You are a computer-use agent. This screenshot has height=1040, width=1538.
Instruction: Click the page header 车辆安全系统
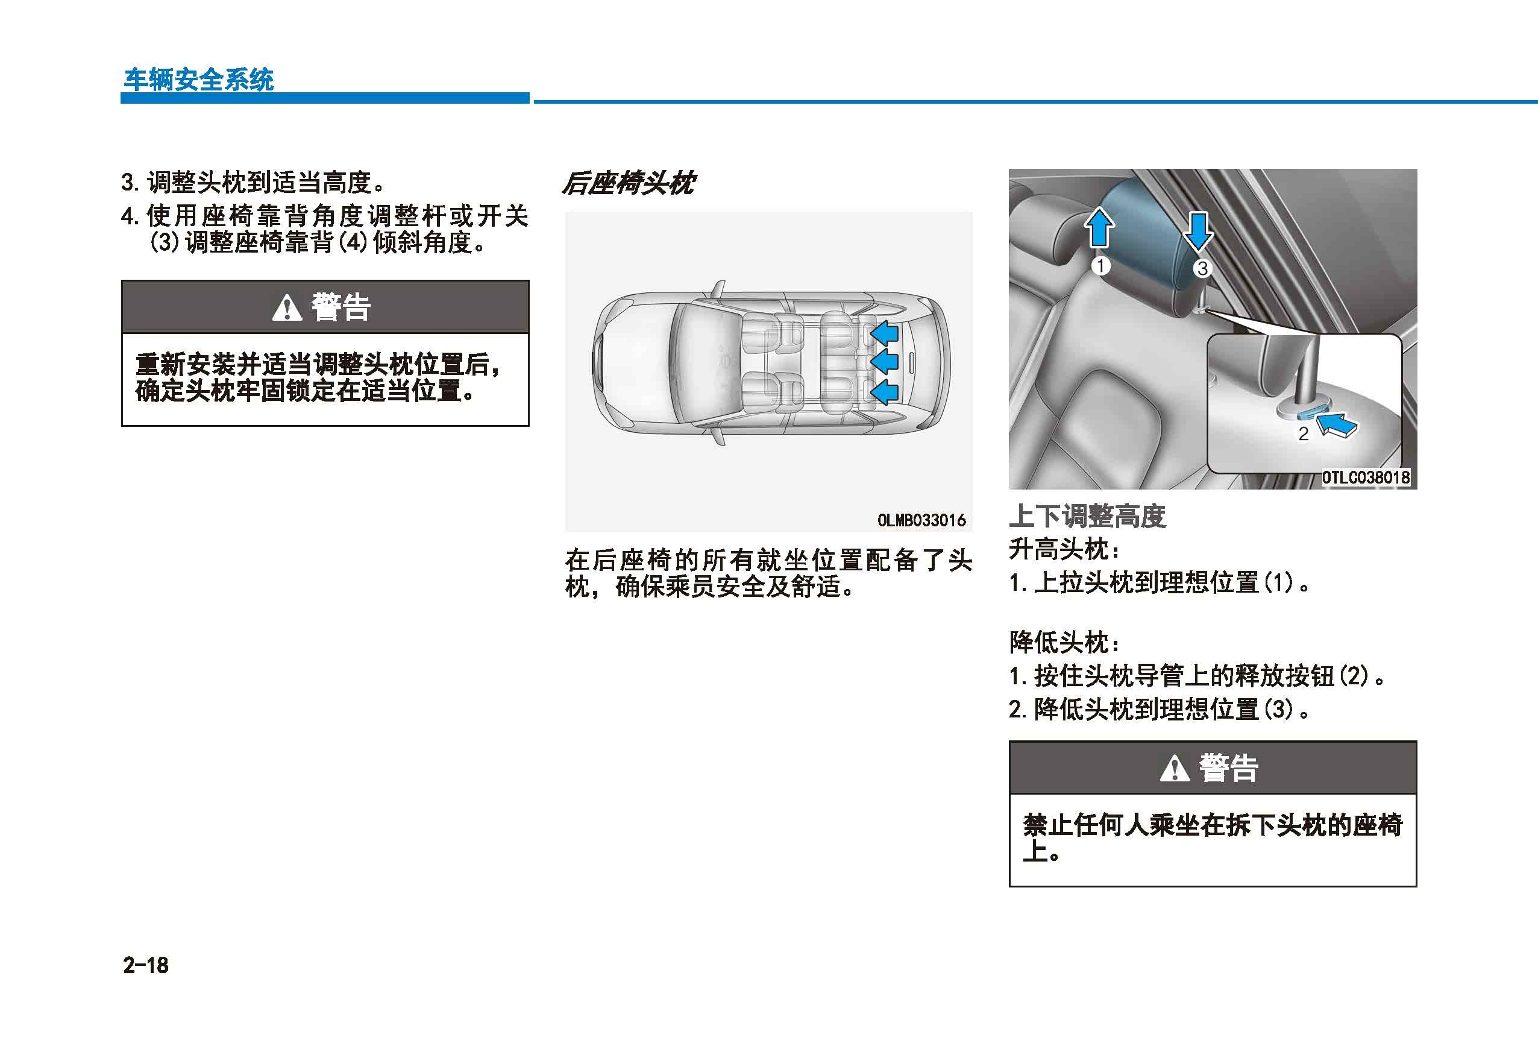[x=198, y=80]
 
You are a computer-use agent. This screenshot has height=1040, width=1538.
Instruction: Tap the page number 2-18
[x=146, y=965]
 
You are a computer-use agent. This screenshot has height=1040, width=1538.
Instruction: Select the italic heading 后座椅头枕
[x=628, y=183]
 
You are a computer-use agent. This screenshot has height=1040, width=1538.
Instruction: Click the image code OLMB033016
[x=921, y=520]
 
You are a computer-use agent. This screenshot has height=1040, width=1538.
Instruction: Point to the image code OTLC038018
[x=1366, y=477]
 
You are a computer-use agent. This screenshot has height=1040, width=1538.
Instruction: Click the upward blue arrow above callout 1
[x=1099, y=227]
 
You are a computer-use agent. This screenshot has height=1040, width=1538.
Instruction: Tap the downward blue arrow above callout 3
[x=1198, y=231]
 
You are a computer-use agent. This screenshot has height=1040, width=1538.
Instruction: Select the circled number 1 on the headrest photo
[x=1100, y=266]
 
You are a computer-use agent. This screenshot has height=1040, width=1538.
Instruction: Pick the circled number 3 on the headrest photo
[x=1202, y=268]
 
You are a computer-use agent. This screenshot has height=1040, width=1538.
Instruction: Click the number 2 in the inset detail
[x=1303, y=433]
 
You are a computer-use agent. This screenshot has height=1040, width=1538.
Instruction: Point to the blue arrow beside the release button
[x=1336, y=424]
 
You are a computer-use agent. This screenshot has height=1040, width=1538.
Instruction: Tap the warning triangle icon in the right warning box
[x=1175, y=768]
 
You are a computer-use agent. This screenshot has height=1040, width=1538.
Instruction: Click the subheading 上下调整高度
[x=1087, y=516]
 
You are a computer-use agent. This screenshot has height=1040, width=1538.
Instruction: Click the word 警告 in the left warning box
[x=341, y=308]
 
